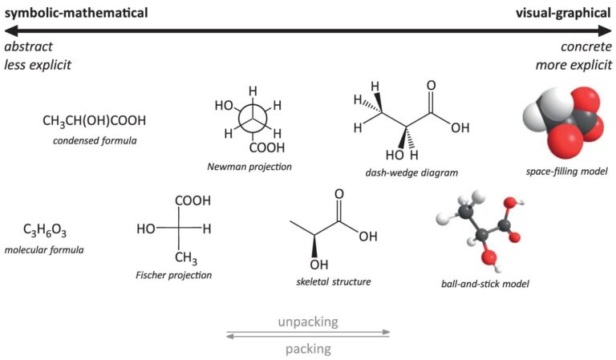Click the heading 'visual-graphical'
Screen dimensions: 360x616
tap(561, 13)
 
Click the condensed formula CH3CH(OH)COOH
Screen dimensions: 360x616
tap(95, 121)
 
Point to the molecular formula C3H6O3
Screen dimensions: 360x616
tap(45, 232)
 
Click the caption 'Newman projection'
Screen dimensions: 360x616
tap(249, 167)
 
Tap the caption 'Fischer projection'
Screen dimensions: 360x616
tap(174, 275)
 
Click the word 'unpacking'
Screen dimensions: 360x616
tap(308, 322)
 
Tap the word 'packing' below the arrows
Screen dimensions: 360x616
tap(308, 349)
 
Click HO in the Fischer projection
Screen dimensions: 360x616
tap(146, 229)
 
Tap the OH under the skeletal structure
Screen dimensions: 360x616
tap(319, 265)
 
